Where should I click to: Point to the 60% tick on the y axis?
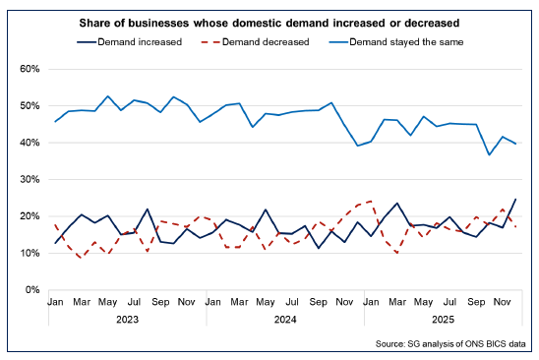pos(27,69)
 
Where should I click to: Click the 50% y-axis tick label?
pos(27,105)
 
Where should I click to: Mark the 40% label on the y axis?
pos(27,143)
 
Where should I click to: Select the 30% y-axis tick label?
pos(27,179)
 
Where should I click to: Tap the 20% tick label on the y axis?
pos(27,216)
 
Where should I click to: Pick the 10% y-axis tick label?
pos(27,253)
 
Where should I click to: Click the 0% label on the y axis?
pos(30,290)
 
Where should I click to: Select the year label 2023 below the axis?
pos(126,320)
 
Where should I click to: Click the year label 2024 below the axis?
pos(284,320)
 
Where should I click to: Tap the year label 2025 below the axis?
pos(442,320)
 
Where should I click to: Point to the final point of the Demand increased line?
pos(516,200)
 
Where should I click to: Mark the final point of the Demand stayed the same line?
pos(516,144)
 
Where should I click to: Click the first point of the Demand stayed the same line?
pos(55,121)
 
